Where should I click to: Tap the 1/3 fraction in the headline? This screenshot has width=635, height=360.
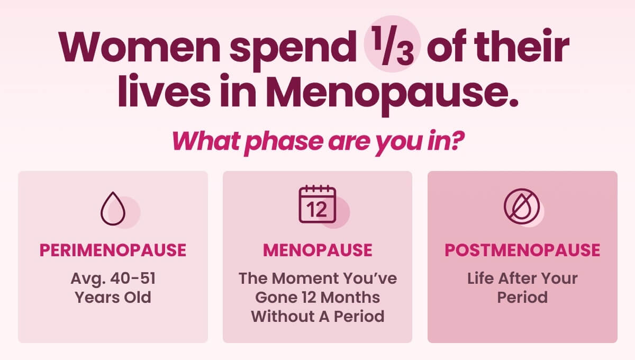tap(392, 46)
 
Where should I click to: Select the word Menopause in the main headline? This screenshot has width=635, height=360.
tap(392, 92)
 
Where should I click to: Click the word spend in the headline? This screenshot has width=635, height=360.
tap(293, 50)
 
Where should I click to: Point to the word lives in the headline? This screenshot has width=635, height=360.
tap(164, 91)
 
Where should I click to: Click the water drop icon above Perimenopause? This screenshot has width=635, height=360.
tap(113, 209)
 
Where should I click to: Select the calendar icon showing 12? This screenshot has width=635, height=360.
tap(317, 204)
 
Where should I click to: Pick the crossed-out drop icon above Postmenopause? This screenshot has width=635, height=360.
tap(522, 206)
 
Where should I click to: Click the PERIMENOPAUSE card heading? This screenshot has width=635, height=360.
tap(113, 250)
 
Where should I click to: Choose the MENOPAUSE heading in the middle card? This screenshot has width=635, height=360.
tap(317, 250)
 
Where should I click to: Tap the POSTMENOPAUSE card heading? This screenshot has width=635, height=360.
tap(522, 250)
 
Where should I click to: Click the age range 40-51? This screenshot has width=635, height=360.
tap(133, 278)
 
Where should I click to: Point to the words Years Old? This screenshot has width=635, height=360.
tap(113, 298)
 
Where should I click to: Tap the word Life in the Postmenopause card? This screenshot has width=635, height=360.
tap(480, 278)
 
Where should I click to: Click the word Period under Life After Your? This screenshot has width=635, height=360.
tap(522, 298)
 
